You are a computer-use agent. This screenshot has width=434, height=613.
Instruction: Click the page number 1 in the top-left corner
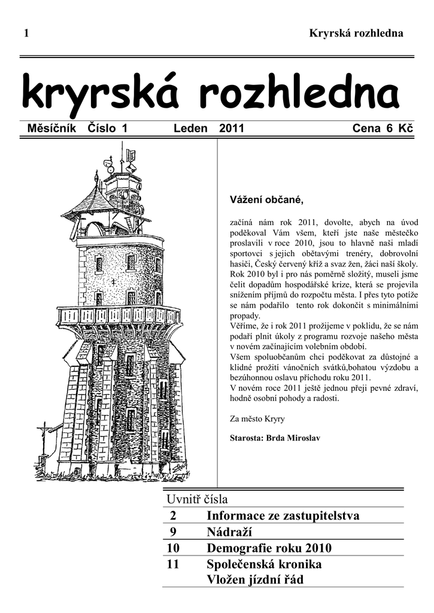click(26, 34)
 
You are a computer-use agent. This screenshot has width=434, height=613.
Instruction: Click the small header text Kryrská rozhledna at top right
click(356, 34)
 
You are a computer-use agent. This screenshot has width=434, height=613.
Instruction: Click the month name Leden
click(190, 128)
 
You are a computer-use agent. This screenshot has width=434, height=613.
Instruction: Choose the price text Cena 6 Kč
click(383, 128)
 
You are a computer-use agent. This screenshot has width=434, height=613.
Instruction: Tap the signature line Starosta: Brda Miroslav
click(275, 438)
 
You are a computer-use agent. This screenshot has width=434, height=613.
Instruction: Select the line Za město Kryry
click(257, 418)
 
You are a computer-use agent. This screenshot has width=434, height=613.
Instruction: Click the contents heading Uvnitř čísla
click(197, 499)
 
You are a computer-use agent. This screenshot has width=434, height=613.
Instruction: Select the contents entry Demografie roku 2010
click(269, 548)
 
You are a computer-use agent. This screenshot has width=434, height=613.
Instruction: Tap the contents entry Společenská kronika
click(264, 564)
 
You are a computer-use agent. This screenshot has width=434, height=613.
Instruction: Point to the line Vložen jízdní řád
click(256, 580)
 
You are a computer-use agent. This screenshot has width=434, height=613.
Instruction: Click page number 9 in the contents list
click(173, 532)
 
